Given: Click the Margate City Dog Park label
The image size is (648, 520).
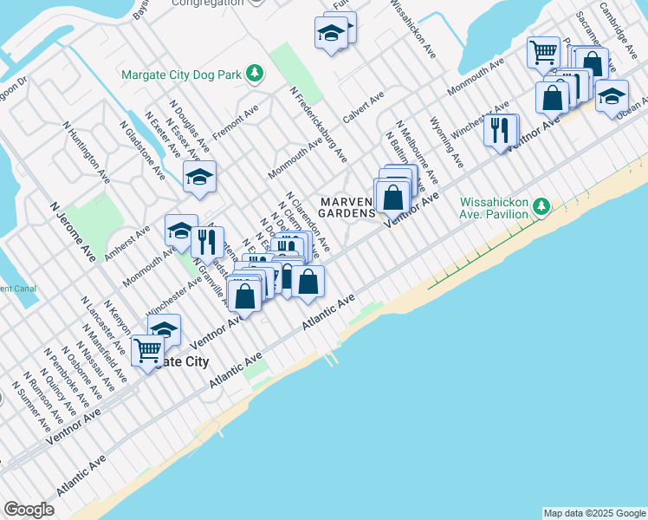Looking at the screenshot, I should (181, 75).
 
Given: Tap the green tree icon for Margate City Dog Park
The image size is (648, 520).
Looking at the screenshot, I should (255, 74).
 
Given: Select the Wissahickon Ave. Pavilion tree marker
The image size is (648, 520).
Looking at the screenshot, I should (541, 206).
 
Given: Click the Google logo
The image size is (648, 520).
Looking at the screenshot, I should (29, 510).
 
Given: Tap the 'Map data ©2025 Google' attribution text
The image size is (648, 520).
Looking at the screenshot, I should (593, 513).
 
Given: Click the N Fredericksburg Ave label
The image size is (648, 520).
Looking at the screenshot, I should (319, 124).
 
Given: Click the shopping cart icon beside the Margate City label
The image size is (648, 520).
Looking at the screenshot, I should (147, 350).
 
